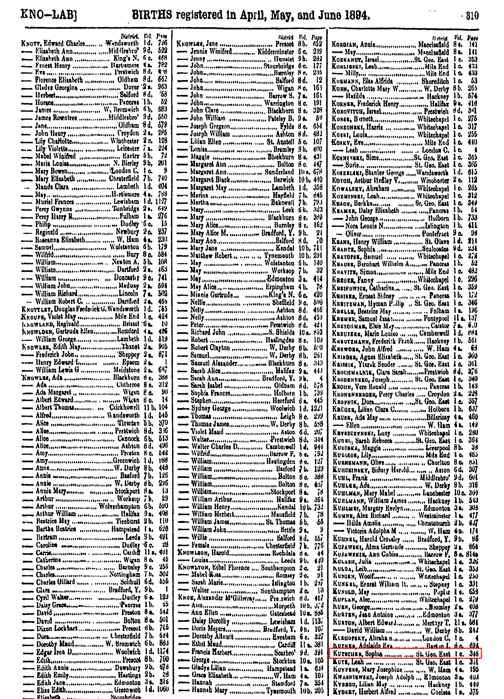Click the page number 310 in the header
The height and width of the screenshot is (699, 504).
472,15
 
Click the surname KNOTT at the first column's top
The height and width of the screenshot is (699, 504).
31,44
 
